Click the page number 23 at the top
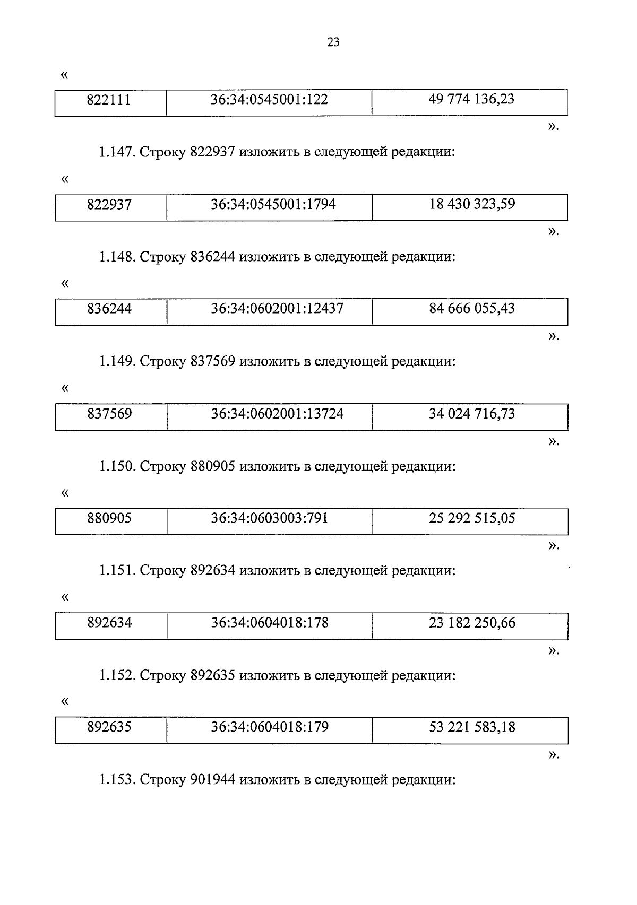333,43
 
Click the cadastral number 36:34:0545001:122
269,100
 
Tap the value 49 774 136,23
471,99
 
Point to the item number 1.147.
117,153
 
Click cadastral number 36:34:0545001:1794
273,204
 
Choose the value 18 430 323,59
472,204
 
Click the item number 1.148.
117,257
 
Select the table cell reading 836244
109,309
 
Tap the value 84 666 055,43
472,309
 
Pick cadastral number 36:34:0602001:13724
277,414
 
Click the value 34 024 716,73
472,414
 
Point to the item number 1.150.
117,467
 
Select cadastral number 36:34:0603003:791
269,518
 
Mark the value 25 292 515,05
472,518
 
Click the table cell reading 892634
109,623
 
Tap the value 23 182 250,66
472,623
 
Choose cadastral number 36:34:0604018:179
270,727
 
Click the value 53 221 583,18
472,727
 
